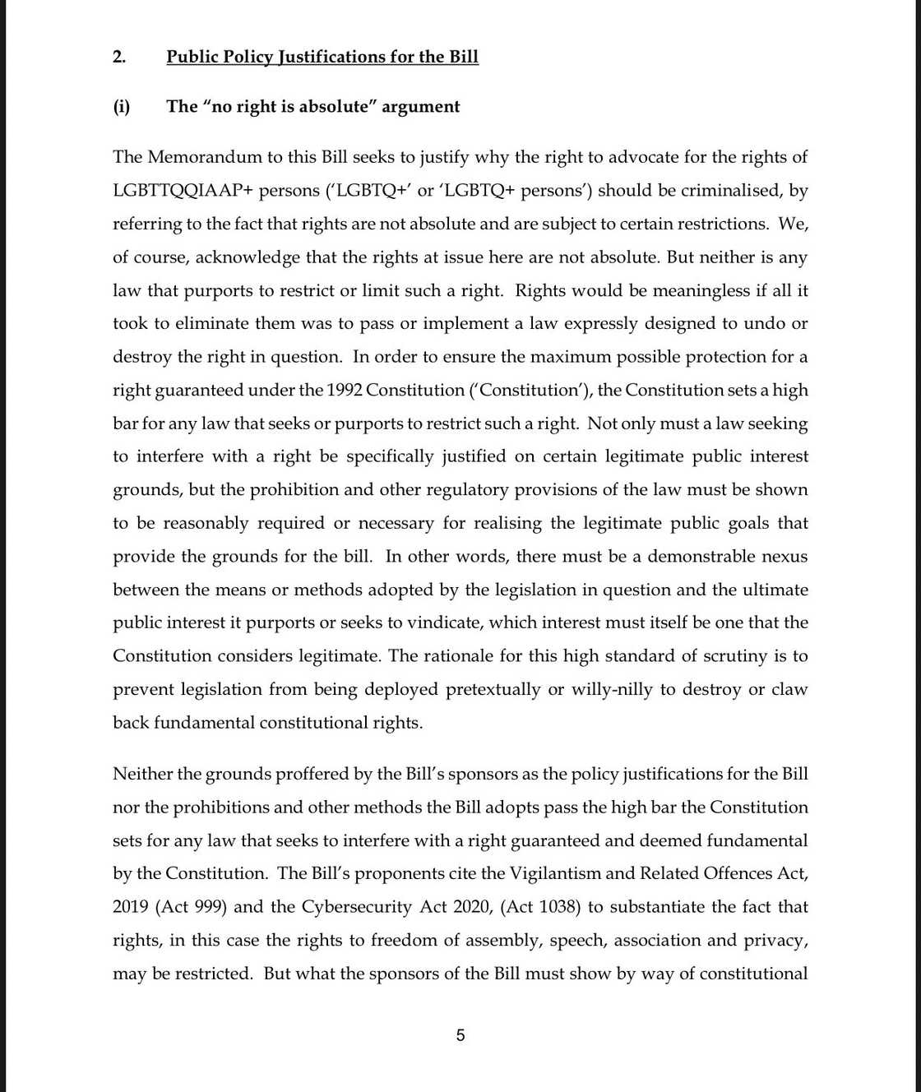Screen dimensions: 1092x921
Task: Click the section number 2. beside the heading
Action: [x=119, y=57]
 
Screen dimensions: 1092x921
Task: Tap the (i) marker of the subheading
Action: [x=122, y=107]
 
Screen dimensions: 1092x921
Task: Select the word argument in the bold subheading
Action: [x=421, y=107]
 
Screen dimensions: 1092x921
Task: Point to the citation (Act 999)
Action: [x=188, y=907]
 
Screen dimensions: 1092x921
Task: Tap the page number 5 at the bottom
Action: [x=460, y=1035]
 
